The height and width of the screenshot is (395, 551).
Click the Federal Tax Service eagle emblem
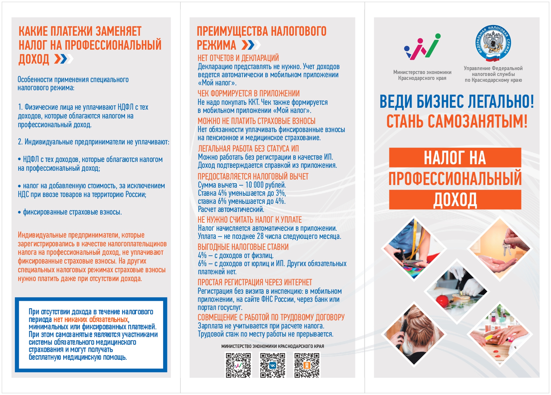[493, 43]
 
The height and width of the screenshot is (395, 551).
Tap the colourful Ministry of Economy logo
[422, 47]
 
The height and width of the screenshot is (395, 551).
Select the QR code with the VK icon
[272, 365]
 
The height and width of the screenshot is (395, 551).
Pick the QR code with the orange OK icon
[307, 365]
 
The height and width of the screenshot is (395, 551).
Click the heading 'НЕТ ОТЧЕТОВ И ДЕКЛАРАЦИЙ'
[238, 58]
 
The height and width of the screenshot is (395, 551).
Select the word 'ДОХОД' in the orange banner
[455, 200]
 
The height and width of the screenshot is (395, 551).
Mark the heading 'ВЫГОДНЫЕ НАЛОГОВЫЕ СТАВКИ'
[243, 247]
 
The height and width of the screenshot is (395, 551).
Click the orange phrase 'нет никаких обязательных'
[91, 319]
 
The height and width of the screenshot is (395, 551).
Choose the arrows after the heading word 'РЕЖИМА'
[251, 45]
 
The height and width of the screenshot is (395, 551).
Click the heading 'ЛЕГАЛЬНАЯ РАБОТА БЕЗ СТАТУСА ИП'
[248, 149]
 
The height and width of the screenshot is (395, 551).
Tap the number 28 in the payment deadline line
[260, 236]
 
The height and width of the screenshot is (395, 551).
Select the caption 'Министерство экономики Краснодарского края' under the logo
[422, 75]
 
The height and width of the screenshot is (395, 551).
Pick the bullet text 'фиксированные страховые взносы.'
[72, 212]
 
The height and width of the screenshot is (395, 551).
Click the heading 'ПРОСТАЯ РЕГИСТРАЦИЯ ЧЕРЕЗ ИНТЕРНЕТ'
[255, 282]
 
